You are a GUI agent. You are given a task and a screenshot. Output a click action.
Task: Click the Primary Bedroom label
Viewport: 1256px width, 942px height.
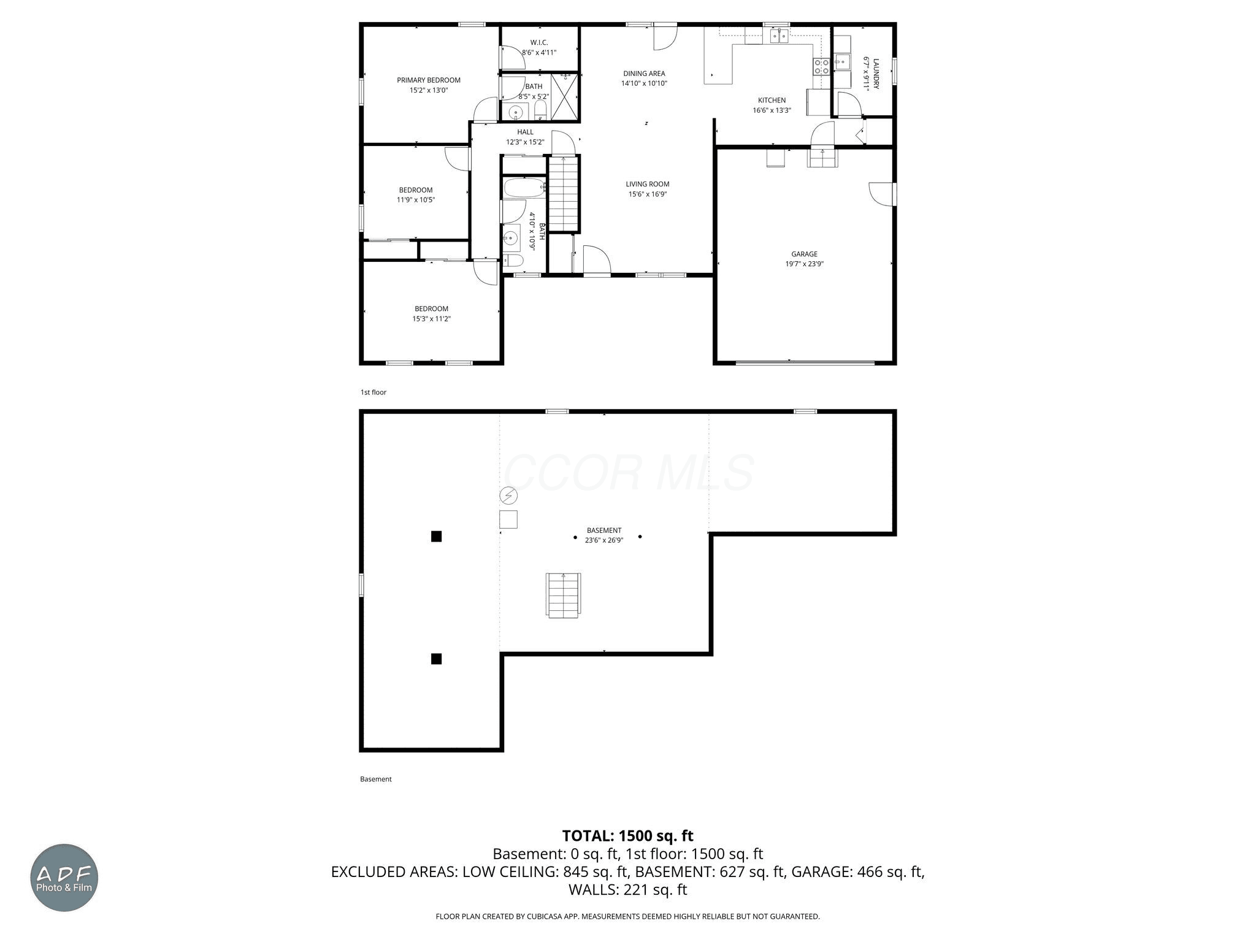(x=428, y=80)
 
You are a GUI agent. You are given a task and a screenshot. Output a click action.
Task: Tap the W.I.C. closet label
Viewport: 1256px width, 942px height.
(x=539, y=42)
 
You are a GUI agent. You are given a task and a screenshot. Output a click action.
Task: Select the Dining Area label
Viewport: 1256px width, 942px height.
(x=644, y=74)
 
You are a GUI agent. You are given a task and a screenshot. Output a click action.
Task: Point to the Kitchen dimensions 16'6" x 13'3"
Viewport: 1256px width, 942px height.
(x=772, y=110)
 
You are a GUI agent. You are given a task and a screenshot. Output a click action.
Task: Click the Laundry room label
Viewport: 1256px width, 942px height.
(x=876, y=74)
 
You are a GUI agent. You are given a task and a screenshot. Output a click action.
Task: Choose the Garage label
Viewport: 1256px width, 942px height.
(x=804, y=254)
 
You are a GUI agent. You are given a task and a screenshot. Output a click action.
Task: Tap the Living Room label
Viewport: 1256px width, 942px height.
(x=647, y=184)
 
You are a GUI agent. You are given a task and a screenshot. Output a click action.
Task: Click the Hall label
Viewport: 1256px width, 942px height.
(x=525, y=132)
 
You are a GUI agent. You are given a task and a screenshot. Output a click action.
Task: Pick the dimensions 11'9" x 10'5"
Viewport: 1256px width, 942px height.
(x=416, y=200)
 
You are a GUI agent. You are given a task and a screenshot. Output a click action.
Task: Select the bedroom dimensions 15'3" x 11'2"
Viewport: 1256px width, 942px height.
(x=431, y=319)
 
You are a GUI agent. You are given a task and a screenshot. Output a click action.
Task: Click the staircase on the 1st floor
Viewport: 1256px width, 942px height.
(x=564, y=193)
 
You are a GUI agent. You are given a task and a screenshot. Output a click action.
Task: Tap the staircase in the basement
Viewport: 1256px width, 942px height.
(x=563, y=595)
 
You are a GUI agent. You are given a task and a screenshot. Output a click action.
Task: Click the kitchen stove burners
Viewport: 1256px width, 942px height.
(x=822, y=66)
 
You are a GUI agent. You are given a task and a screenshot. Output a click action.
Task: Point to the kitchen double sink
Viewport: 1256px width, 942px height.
(x=779, y=36)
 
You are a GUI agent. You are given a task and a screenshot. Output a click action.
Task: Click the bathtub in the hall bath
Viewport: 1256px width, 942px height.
(x=523, y=188)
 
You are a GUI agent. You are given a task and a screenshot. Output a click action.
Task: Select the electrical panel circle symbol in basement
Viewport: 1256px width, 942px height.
(x=509, y=495)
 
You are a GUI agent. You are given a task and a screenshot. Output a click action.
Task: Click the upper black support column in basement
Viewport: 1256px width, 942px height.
(x=436, y=537)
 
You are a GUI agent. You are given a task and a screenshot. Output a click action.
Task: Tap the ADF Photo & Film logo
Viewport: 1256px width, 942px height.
(x=64, y=878)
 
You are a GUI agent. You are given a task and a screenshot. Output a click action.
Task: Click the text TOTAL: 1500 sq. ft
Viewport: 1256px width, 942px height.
(x=627, y=836)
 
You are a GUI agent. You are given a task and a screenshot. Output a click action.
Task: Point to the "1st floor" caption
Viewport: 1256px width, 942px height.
(x=373, y=392)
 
